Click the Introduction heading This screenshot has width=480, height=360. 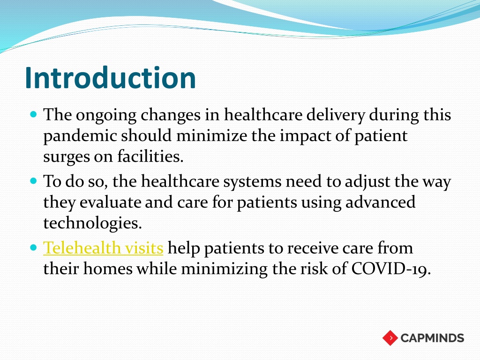click(110, 78)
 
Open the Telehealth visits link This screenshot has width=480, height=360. click(103, 247)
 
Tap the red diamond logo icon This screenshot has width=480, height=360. click(390, 338)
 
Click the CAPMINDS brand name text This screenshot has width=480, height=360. click(432, 338)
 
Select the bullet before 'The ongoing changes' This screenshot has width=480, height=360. click(34, 115)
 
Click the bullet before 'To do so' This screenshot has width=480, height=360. click(34, 181)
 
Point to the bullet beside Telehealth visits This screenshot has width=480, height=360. click(34, 247)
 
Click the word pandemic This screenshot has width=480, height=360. click(80, 136)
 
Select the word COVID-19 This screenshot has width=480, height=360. click(391, 269)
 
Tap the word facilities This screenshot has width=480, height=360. click(150, 156)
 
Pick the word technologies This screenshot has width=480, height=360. click(92, 223)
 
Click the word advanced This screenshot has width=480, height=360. click(380, 202)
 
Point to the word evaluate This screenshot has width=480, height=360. click(110, 202)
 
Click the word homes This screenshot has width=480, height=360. click(108, 269)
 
